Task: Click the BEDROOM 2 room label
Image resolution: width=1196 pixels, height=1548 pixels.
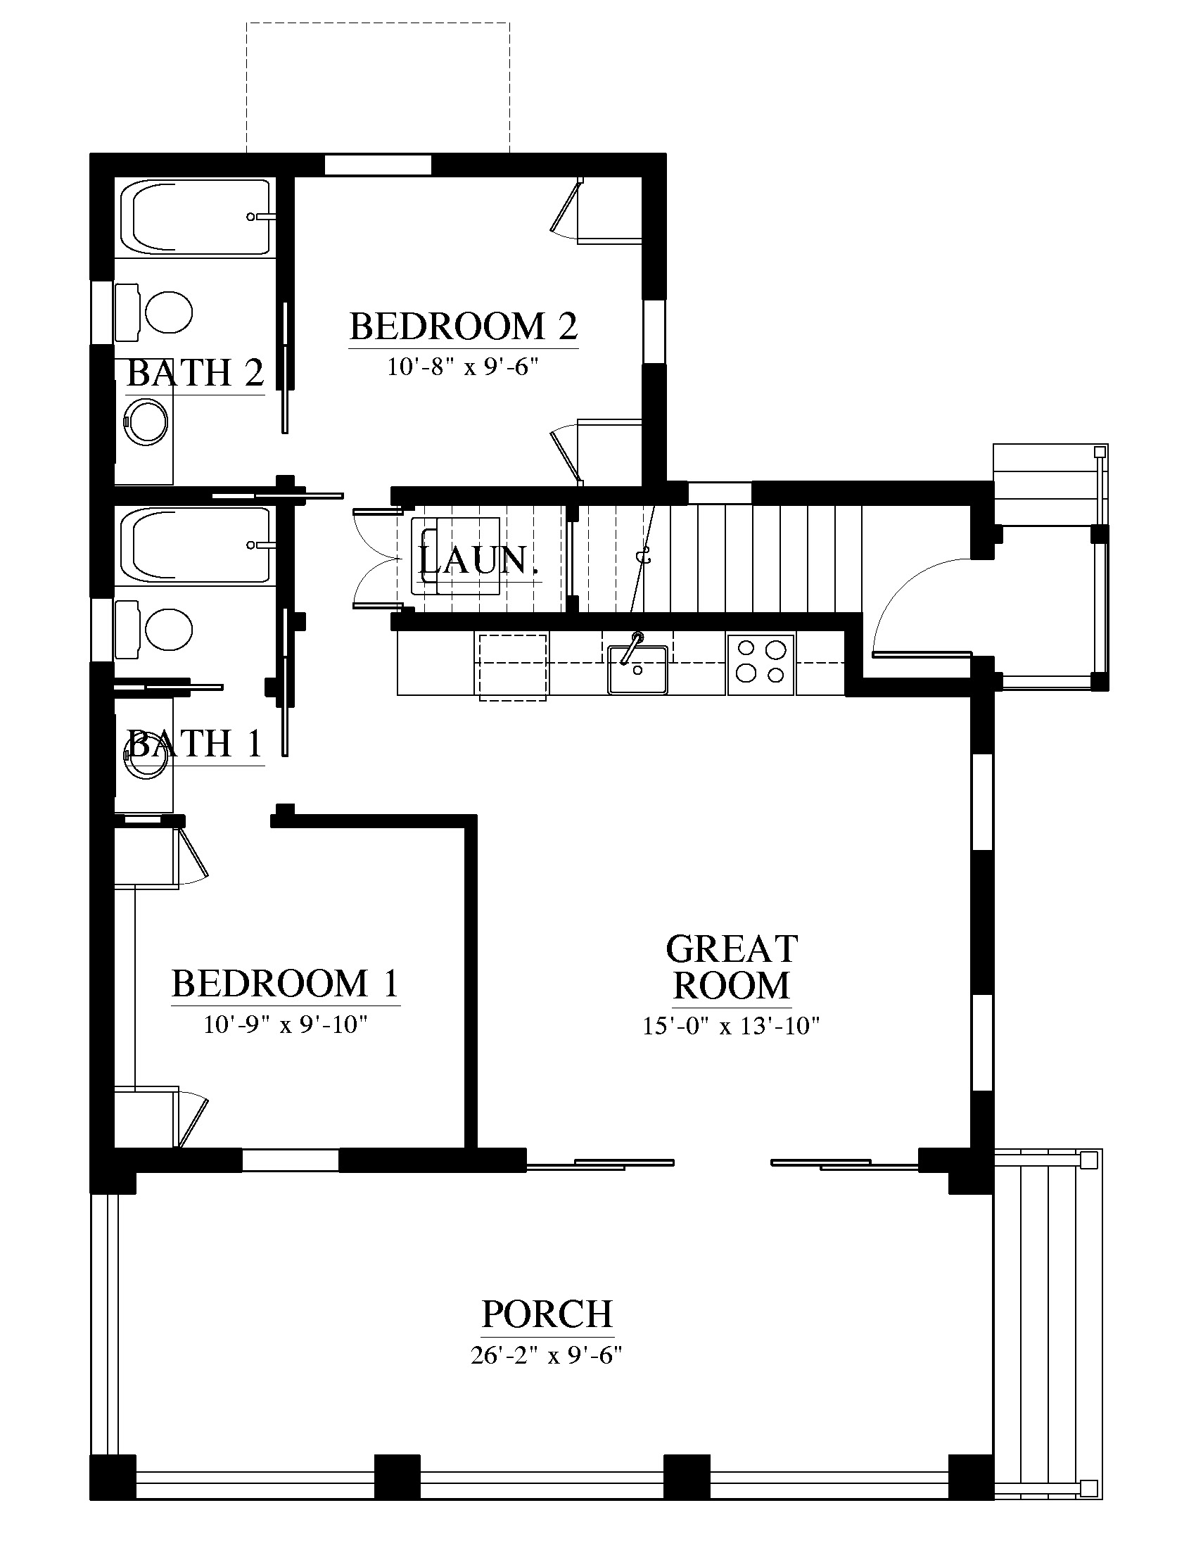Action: [x=464, y=326]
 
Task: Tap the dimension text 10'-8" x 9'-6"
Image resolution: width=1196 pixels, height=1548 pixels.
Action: [x=464, y=367]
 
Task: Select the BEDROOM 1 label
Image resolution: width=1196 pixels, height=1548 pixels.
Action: [x=286, y=984]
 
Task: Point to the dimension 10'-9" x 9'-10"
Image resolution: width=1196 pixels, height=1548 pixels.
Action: [x=286, y=1025]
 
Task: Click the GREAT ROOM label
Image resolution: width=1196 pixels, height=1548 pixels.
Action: [x=732, y=967]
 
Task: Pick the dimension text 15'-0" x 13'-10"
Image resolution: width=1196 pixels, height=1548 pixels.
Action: [x=731, y=1027]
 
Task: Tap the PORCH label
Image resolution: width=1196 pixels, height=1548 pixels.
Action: [x=547, y=1314]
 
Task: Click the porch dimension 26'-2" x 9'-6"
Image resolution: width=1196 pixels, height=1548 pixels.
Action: [x=546, y=1355]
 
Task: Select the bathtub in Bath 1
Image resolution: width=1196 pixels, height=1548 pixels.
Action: [x=196, y=545]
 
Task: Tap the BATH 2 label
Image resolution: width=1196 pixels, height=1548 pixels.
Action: [x=195, y=373]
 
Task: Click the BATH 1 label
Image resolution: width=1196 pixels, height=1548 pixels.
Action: [x=195, y=744]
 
